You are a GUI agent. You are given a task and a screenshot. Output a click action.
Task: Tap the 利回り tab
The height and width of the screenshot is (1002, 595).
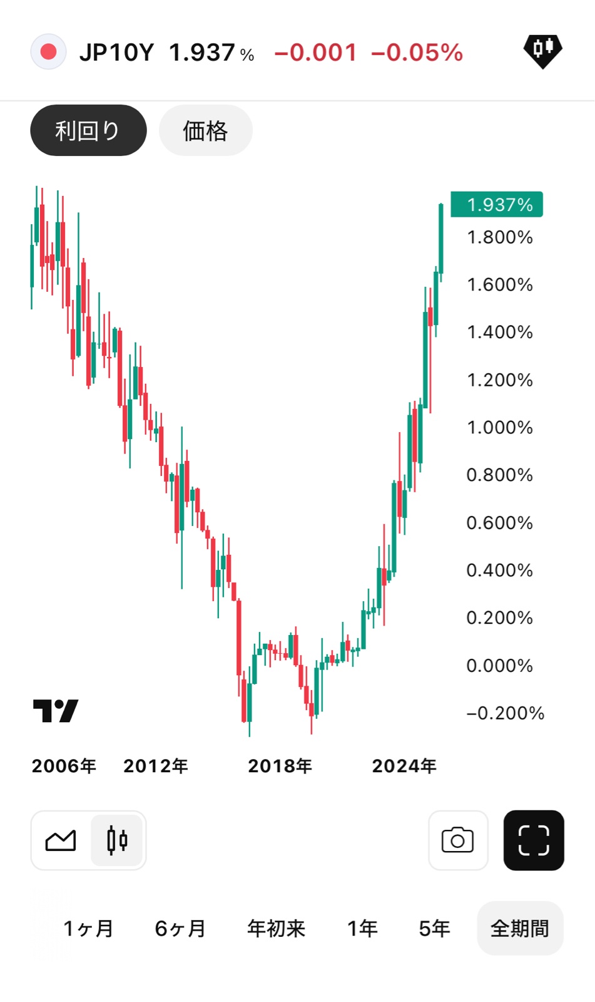click(88, 130)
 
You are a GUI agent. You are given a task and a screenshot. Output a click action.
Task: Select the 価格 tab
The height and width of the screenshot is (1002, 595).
click(205, 130)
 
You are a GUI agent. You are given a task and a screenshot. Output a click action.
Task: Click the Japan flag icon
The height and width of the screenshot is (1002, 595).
click(48, 52)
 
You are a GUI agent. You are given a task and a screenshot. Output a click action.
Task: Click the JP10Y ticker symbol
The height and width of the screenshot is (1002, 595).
click(116, 53)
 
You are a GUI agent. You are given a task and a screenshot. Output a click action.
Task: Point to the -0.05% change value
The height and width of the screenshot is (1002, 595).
click(417, 53)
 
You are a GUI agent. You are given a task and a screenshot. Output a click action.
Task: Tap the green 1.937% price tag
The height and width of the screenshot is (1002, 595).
click(497, 205)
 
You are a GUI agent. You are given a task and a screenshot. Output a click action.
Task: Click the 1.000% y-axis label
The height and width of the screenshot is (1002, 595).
click(499, 428)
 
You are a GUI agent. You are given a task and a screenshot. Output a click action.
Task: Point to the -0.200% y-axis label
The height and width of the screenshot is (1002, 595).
click(505, 713)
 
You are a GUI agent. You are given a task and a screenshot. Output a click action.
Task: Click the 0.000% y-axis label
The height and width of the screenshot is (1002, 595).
click(499, 665)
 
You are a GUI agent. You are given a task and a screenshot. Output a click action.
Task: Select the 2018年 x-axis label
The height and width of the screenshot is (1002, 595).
click(280, 766)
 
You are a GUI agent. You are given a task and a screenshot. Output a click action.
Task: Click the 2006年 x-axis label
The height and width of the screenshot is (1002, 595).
click(64, 766)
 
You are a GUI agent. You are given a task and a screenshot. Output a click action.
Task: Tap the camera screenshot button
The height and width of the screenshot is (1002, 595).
click(458, 840)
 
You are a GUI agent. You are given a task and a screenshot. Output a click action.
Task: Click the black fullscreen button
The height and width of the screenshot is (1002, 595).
click(534, 840)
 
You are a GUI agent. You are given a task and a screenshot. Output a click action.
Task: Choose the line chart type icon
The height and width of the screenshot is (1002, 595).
click(61, 840)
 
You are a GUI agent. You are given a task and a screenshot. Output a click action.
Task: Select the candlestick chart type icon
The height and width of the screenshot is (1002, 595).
click(117, 840)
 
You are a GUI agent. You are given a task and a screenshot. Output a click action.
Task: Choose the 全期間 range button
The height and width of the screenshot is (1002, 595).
click(520, 928)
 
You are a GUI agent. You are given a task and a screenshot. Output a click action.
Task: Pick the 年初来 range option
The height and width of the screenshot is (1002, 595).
click(276, 928)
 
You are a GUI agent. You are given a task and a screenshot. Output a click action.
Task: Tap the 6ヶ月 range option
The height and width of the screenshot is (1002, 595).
click(180, 928)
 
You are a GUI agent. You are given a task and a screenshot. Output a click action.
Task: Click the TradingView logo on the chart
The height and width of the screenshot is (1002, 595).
click(56, 711)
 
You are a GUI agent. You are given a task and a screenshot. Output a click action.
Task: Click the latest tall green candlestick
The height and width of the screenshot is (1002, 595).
click(441, 238)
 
